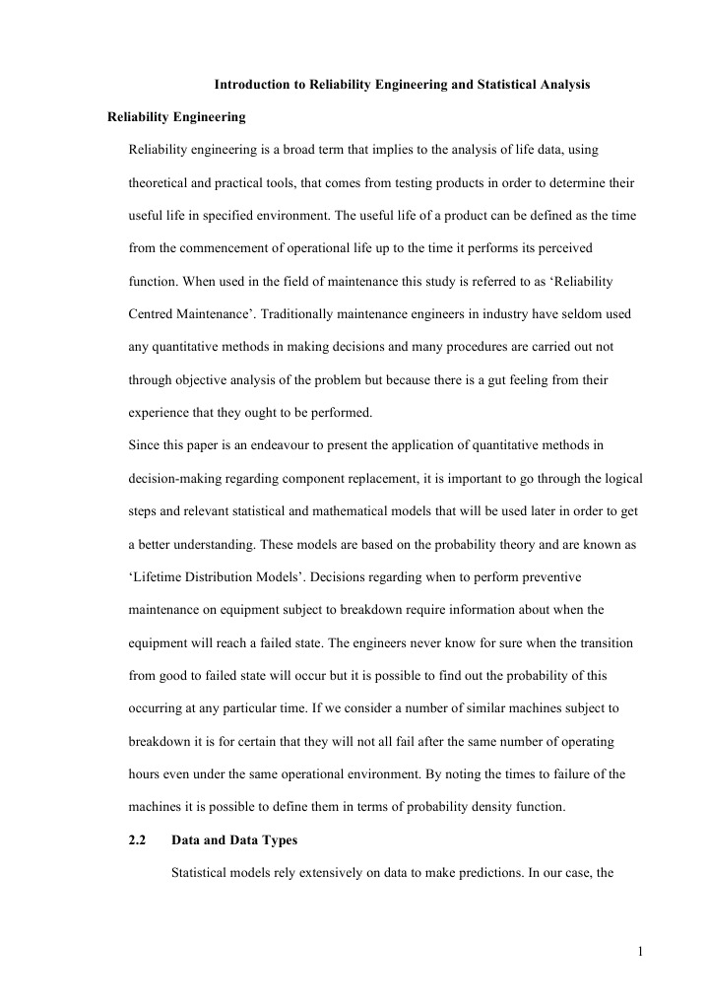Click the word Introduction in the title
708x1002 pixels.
tap(252, 86)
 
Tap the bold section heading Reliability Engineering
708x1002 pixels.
tap(176, 118)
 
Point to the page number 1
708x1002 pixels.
tap(640, 951)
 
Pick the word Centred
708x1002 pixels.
tap(154, 314)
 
